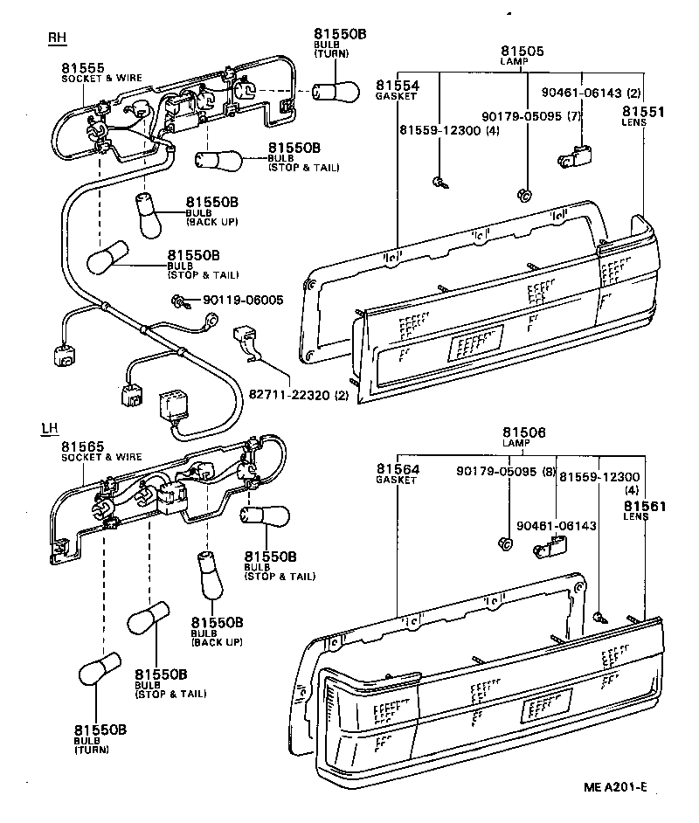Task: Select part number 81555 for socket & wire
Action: (83, 67)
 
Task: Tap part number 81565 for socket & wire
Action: (83, 446)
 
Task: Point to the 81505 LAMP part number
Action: (523, 52)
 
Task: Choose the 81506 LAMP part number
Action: (524, 433)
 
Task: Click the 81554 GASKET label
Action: (398, 86)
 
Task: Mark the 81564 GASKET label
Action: (398, 470)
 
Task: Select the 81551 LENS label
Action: (643, 112)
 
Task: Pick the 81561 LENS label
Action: (645, 506)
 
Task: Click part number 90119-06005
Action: (243, 300)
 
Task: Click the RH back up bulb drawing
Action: (147, 215)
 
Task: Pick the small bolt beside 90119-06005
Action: (180, 301)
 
